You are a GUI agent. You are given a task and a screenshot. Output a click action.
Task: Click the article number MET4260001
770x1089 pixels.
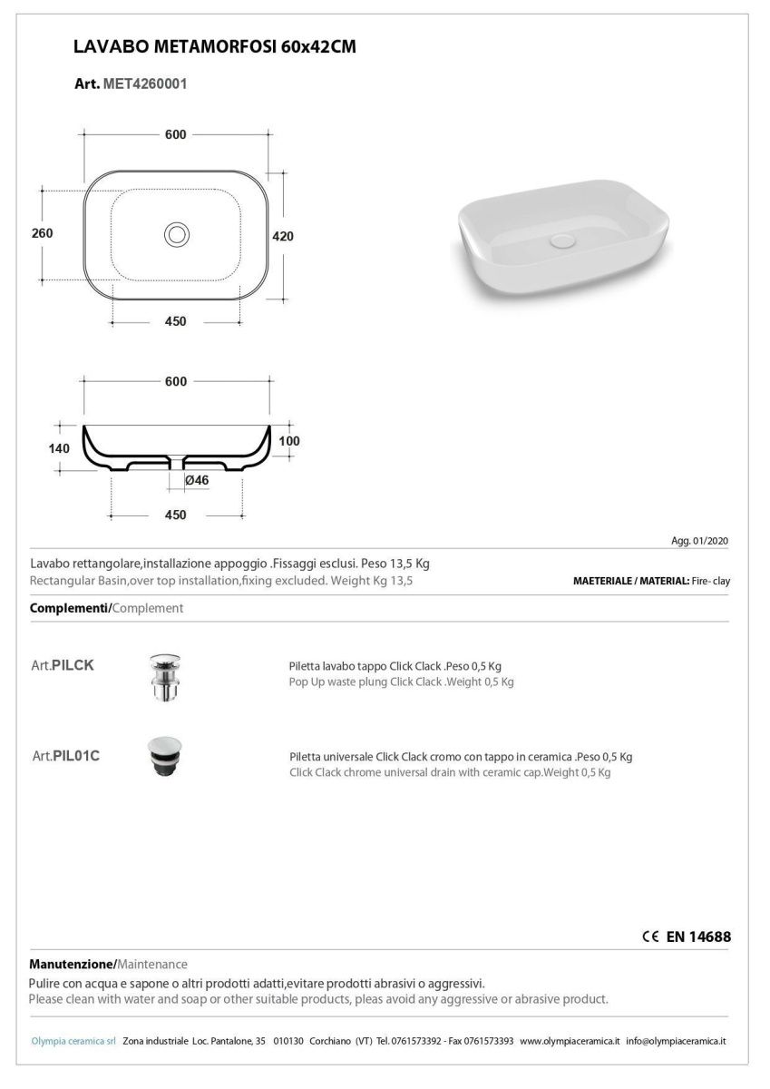coord(146,83)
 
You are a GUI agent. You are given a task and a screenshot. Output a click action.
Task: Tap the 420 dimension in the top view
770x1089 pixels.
coord(283,236)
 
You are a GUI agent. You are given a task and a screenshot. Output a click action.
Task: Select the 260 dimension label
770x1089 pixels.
coord(42,233)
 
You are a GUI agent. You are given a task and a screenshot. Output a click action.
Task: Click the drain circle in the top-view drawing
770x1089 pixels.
coord(176,234)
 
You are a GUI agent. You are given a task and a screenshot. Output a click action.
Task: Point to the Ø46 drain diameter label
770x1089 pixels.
coord(197,480)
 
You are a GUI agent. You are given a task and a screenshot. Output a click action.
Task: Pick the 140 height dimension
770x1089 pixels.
coord(58,448)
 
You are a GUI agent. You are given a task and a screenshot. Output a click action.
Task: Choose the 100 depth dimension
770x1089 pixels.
coord(289,441)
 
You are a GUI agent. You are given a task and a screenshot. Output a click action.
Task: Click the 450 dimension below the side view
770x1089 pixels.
coord(176,515)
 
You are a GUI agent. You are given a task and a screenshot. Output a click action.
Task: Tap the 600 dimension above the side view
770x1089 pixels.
coord(176,382)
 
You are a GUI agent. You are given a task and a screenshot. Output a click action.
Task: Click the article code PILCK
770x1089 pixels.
coord(73,665)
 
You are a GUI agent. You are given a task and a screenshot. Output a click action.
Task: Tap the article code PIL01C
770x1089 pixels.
coord(76,755)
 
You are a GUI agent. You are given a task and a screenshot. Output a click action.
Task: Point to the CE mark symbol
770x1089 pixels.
coord(649,937)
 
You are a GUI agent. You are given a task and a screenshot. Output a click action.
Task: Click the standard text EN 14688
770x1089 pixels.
coord(698,937)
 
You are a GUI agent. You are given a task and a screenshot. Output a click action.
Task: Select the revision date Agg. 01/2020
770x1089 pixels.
coord(699,541)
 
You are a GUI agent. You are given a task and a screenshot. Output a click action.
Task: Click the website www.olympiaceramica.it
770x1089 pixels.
coord(570,1041)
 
